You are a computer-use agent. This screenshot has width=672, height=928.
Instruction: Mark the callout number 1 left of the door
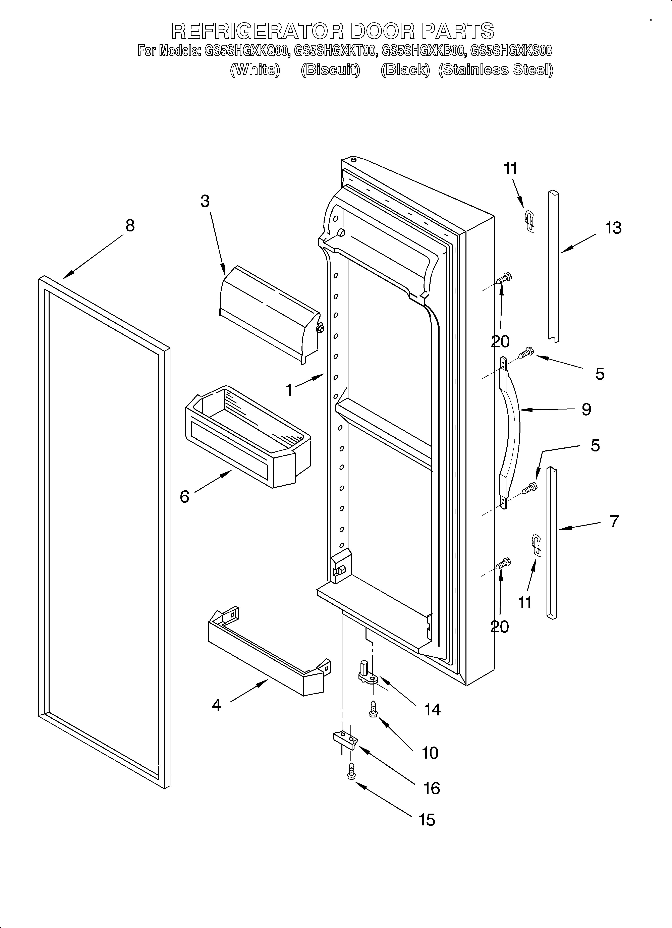(x=289, y=390)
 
